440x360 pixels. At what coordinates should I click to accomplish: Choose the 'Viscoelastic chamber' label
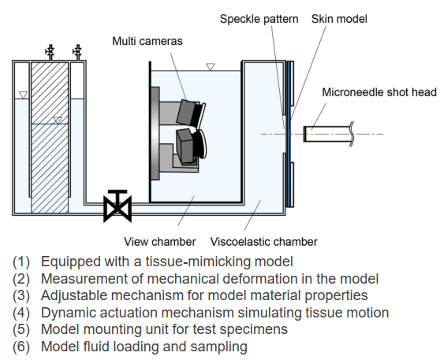coord(263,241)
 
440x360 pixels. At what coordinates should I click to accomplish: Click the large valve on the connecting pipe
coord(117,206)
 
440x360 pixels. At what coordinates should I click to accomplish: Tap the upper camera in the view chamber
coord(189,113)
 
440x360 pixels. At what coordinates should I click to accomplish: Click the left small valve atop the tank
coord(50,53)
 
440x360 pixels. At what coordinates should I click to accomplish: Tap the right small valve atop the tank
coord(76,53)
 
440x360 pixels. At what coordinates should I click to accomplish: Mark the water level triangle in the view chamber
coord(209,68)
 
